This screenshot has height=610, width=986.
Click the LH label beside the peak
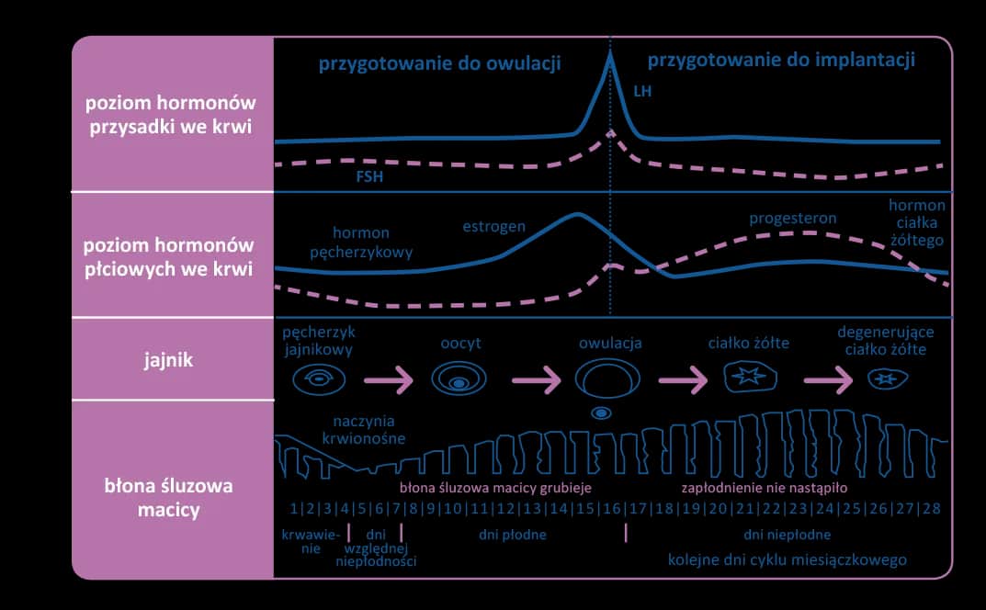(642, 93)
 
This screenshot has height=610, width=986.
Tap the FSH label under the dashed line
(369, 177)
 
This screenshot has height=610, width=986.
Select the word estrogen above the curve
(493, 226)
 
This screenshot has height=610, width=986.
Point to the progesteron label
(792, 219)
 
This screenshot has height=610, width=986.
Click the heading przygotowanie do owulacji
(439, 64)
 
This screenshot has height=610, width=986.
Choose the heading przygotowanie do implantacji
(781, 62)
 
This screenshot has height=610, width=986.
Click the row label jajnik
(173, 359)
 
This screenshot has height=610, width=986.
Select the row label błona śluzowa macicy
(173, 496)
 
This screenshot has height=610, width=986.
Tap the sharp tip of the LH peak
(609, 53)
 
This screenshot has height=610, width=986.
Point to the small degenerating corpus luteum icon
(888, 378)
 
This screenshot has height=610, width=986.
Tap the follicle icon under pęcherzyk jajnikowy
(317, 378)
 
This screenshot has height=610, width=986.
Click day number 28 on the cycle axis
(932, 508)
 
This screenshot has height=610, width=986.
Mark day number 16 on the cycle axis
(611, 508)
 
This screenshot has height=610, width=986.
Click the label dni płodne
(513, 533)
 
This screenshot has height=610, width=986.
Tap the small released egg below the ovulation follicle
(601, 413)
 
